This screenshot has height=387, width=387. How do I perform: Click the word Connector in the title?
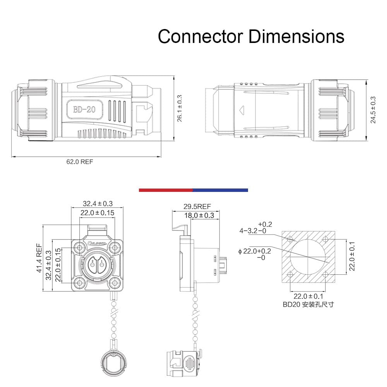[200, 36]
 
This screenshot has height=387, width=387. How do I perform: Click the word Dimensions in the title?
[296, 36]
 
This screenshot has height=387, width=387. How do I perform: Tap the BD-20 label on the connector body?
[84, 110]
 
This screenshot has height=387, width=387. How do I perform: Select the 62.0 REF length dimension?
[80, 162]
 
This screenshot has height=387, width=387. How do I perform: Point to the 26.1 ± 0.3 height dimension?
[180, 108]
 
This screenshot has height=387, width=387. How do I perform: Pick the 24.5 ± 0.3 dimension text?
[373, 110]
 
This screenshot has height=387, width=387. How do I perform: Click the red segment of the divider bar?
[166, 190]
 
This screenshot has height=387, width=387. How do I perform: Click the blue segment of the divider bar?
[221, 190]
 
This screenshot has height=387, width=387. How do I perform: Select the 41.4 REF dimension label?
[39, 258]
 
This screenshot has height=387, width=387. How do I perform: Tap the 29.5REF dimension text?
[197, 207]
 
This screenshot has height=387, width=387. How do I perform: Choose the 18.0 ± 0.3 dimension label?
[199, 216]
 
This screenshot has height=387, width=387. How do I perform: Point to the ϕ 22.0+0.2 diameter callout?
[255, 254]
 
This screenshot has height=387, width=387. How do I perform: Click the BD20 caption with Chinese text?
[308, 304]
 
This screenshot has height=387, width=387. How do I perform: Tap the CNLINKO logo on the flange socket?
[97, 243]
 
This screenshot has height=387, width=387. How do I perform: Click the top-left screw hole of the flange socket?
[80, 248]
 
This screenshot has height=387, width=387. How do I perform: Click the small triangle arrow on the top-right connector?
[242, 110]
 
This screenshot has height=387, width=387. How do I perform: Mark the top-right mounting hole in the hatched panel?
[325, 239]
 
